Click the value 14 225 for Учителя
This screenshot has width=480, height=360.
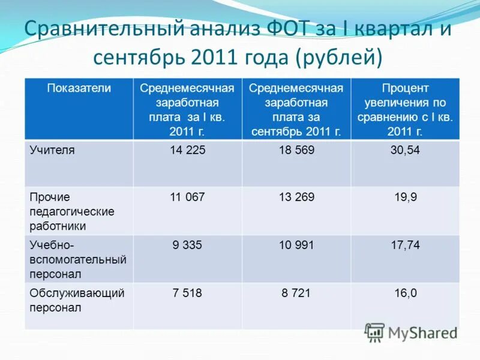(x=187, y=150)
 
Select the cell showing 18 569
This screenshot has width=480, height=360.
(x=296, y=150)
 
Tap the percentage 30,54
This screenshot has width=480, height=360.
(x=405, y=150)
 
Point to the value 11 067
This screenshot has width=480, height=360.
(x=187, y=197)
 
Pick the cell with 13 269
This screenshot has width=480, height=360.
(x=296, y=197)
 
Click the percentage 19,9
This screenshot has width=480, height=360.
(x=405, y=197)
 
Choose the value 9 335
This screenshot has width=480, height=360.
(x=187, y=245)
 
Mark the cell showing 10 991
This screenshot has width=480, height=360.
(x=296, y=245)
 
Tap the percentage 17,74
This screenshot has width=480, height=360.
(x=405, y=245)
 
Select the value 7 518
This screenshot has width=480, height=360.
(x=187, y=293)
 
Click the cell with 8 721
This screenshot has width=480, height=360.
(x=296, y=293)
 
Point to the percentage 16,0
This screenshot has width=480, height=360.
(x=405, y=293)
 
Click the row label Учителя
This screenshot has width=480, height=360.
(x=52, y=150)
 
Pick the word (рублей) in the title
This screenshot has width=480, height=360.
(x=339, y=58)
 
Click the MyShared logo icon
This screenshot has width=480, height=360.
(x=374, y=332)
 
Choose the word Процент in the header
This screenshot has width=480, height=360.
(x=405, y=88)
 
